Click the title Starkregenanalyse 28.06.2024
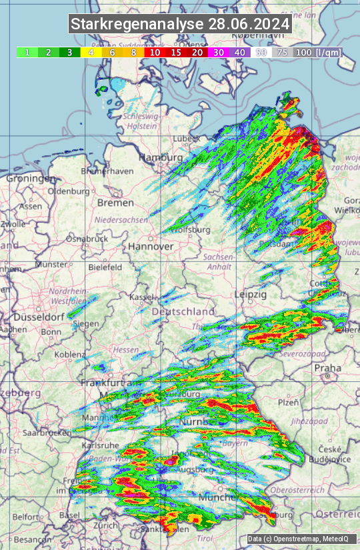[180, 25]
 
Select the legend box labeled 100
[303, 52]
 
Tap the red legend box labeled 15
[176, 52]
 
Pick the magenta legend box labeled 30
[219, 52]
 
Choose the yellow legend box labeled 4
[90, 52]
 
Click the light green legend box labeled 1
[27, 52]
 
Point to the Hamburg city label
[160, 157]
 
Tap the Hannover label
[151, 246]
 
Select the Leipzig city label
[251, 294]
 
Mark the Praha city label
[328, 367]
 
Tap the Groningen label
[30, 179]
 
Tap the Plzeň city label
[288, 402]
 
